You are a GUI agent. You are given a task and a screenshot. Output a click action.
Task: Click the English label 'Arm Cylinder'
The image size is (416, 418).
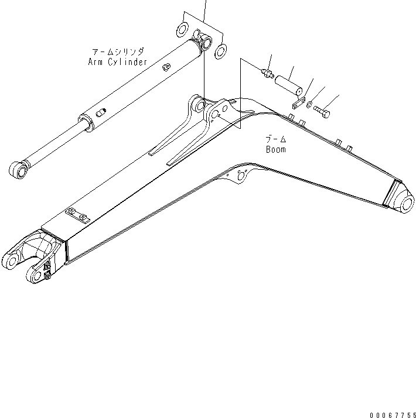click(x=117, y=61)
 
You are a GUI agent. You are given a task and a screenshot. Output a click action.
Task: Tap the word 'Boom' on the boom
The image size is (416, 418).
click(x=275, y=149)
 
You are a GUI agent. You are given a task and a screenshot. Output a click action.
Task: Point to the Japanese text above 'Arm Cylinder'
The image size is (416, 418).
click(x=117, y=52)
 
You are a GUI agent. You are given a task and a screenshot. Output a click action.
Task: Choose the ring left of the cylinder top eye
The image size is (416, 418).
click(x=183, y=29)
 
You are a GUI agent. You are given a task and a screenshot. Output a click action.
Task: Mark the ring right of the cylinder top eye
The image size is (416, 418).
click(x=221, y=51)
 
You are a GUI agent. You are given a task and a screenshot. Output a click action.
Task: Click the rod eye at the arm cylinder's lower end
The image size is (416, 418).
click(x=19, y=170)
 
